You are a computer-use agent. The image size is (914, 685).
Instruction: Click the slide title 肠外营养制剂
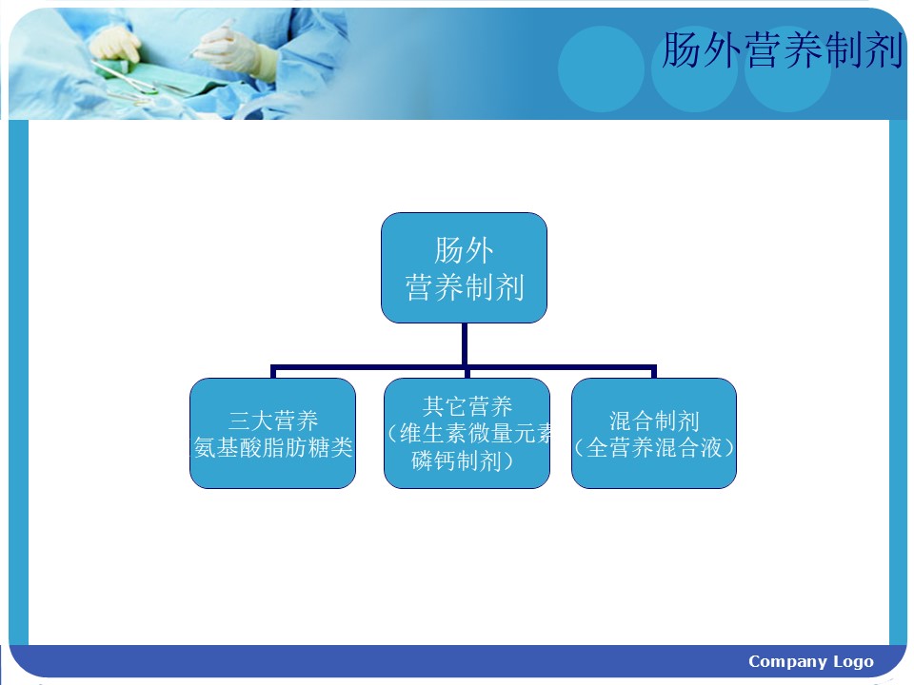pyautogui.click(x=783, y=50)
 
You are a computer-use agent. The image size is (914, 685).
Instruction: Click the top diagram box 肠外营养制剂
pyautogui.click(x=464, y=267)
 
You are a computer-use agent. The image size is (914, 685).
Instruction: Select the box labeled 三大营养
pyautogui.click(x=273, y=434)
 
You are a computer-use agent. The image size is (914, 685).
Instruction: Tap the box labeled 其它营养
pyautogui.click(x=467, y=434)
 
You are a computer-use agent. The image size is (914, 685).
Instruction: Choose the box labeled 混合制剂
pyautogui.click(x=654, y=434)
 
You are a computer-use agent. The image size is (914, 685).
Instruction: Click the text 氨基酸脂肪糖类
pyautogui.click(x=273, y=448)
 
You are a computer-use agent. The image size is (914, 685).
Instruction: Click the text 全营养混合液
pyautogui.click(x=654, y=448)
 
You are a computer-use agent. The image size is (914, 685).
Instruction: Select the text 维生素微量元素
pyautogui.click(x=475, y=434)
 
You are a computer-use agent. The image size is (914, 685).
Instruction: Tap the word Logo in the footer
pyautogui.click(x=853, y=662)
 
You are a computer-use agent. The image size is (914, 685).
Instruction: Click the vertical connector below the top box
pyautogui.click(x=465, y=344)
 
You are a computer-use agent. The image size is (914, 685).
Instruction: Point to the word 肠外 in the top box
pyautogui.click(x=464, y=250)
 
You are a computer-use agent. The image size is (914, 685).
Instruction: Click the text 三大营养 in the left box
pyautogui.click(x=273, y=421)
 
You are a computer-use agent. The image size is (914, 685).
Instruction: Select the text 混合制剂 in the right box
pyautogui.click(x=654, y=421)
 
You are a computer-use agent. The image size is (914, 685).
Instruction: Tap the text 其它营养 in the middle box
pyautogui.click(x=467, y=406)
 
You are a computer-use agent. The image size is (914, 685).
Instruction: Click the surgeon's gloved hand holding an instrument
pyautogui.click(x=233, y=48)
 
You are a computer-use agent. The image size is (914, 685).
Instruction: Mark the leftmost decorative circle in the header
pyautogui.click(x=601, y=68)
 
